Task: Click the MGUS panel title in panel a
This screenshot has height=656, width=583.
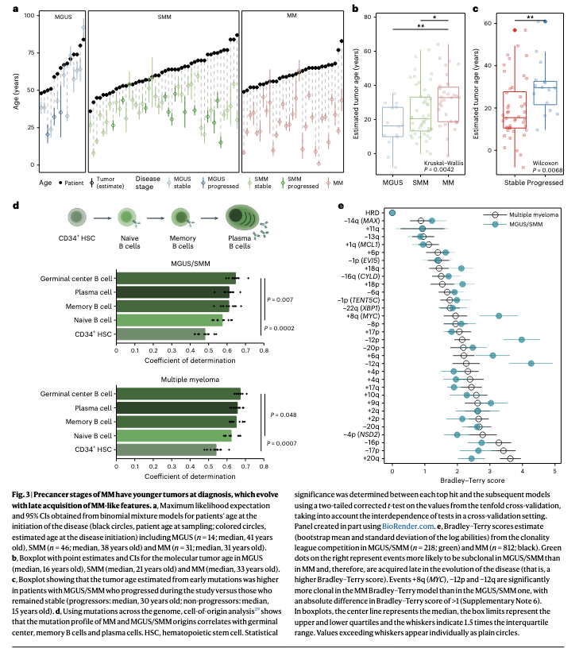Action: click(x=56, y=17)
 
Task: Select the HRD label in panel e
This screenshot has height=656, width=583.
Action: click(x=373, y=213)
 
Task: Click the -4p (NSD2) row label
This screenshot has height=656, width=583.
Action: click(x=362, y=435)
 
